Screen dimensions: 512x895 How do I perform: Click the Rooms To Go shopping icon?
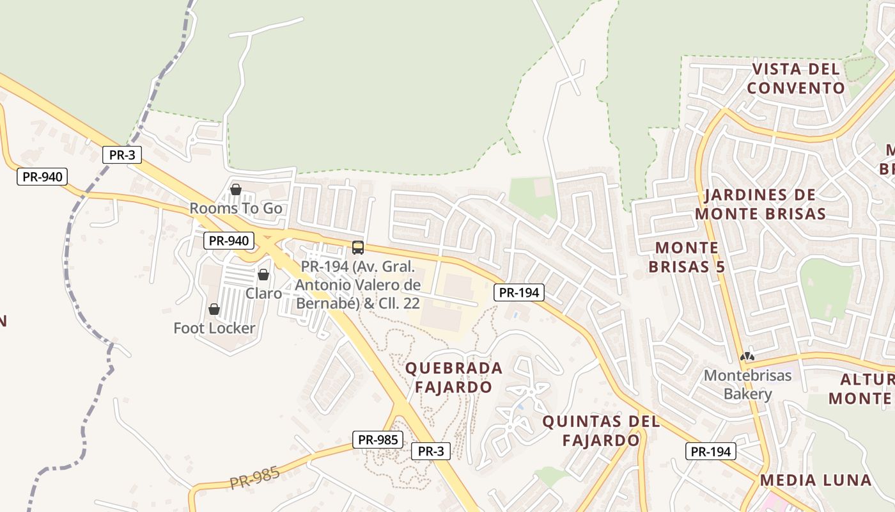235,189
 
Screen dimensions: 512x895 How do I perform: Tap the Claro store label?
263,293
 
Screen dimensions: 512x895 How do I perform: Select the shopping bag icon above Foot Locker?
214,310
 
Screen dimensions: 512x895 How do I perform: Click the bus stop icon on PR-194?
358,248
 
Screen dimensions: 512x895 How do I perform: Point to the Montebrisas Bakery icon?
747,356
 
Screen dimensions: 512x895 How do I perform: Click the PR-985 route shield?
377,440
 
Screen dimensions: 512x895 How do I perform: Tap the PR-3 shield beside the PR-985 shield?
430,451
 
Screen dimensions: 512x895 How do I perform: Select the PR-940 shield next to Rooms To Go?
229,241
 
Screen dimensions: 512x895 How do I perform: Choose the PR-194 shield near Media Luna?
711,451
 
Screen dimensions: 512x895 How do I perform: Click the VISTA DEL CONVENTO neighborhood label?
795,79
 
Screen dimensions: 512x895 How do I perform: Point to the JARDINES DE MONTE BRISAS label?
760,204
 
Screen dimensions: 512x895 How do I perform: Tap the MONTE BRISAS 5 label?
687,257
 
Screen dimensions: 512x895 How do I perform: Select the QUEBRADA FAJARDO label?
454,378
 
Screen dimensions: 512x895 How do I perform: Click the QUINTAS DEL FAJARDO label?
601,431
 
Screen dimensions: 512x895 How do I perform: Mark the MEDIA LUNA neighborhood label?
816,480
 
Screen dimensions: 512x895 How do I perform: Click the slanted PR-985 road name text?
254,478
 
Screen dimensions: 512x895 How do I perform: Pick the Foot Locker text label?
214,328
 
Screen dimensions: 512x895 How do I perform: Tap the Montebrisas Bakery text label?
747,385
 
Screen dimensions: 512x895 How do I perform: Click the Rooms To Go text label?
235,209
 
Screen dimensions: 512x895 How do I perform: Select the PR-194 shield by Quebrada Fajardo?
519,293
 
